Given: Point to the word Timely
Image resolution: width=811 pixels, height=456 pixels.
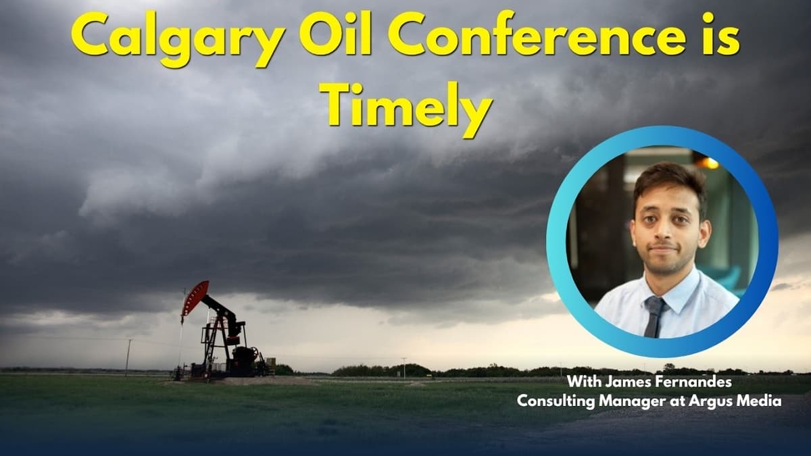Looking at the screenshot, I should [x=405, y=108].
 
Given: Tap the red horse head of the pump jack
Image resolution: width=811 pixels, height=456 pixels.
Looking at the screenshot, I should [x=195, y=297].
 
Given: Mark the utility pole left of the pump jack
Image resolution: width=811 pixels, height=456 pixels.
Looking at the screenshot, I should [x=127, y=356].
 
